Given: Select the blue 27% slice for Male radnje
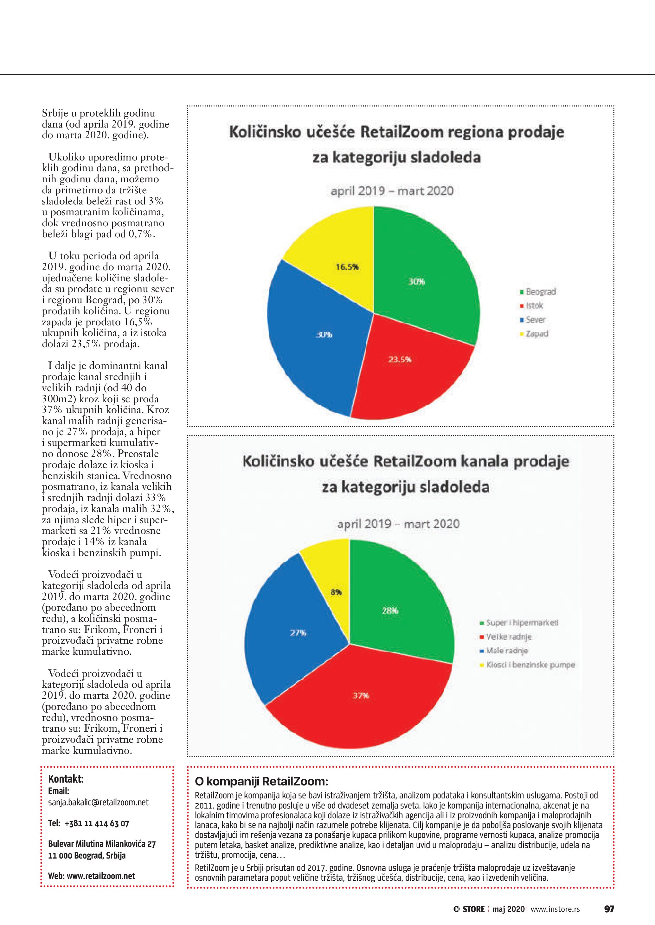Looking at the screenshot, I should (x=290, y=636).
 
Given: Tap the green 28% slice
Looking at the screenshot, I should (x=395, y=604).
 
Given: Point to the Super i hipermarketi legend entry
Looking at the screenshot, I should (x=519, y=623).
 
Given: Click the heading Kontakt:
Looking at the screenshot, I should (x=66, y=779).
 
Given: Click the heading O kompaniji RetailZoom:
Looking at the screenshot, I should (x=261, y=782).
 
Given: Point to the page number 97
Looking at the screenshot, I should (x=609, y=909).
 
